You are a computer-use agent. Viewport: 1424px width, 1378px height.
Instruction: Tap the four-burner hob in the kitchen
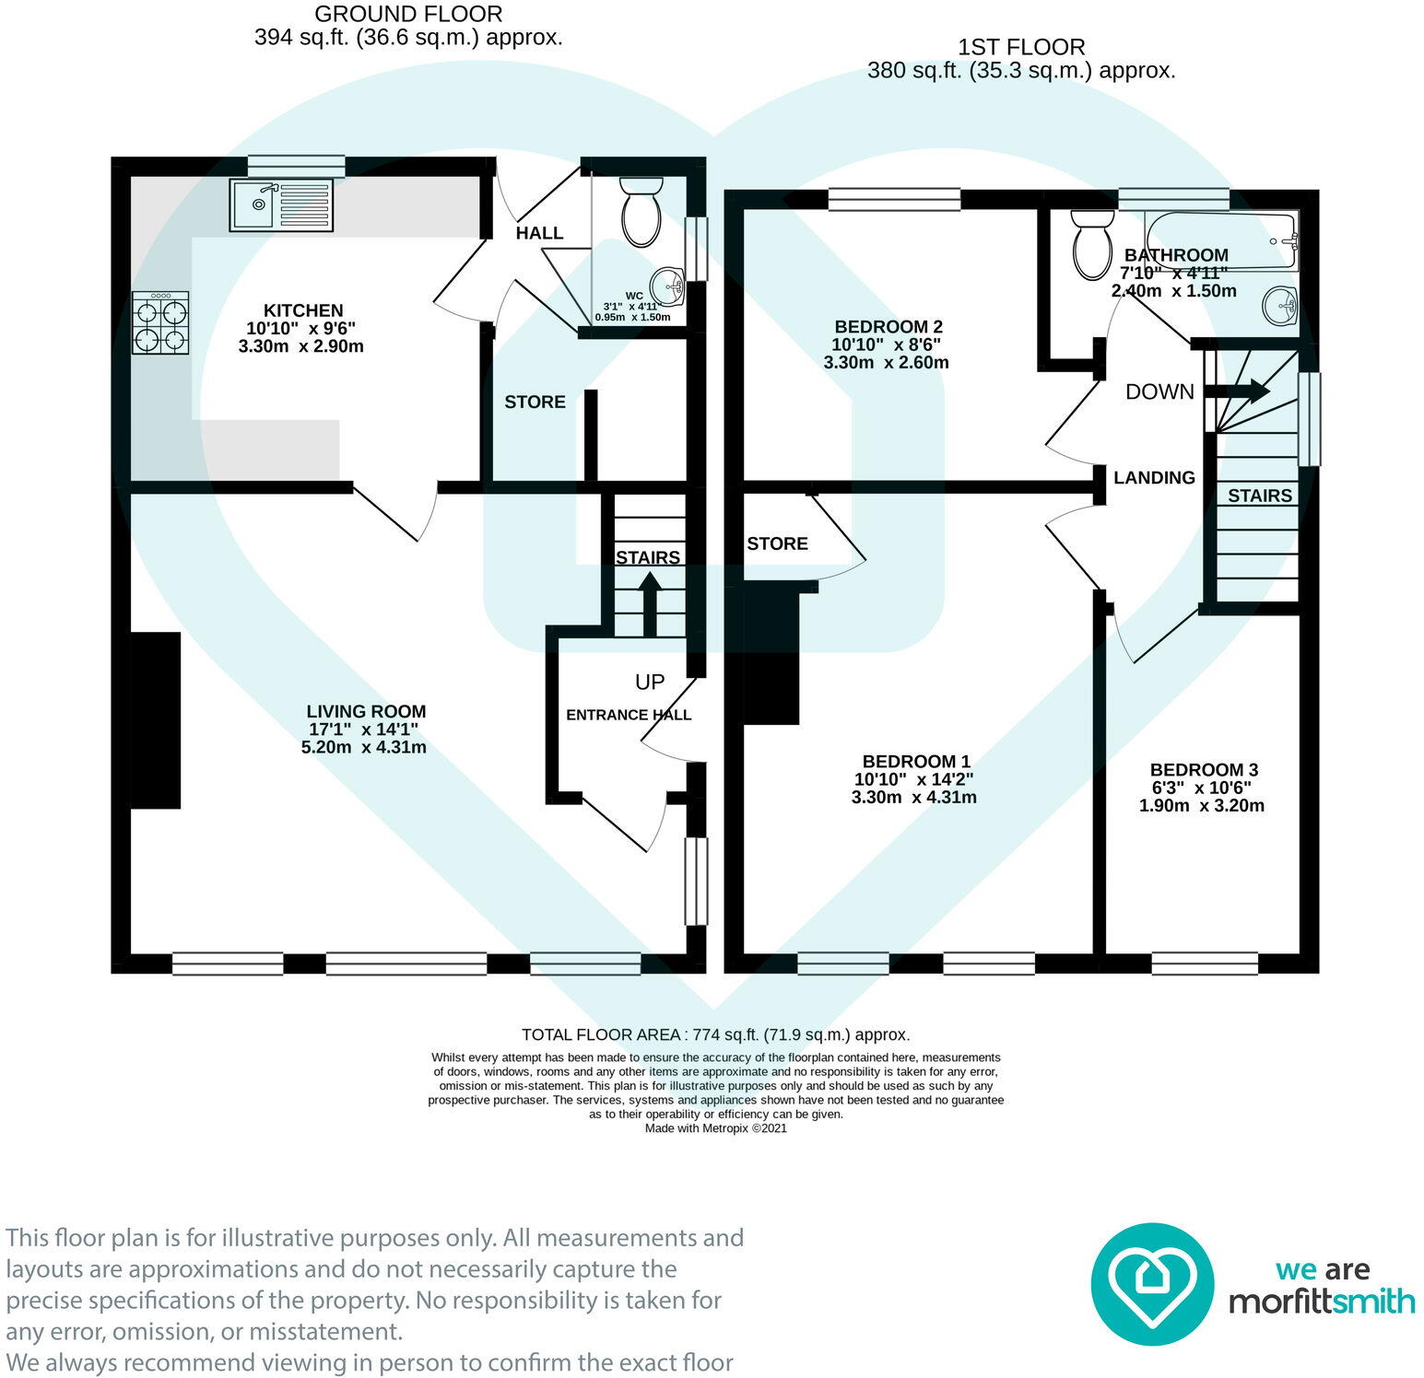161,323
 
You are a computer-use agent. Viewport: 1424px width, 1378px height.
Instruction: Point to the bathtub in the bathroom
1221,240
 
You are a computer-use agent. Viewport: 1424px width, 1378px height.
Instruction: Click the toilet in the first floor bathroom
1093,244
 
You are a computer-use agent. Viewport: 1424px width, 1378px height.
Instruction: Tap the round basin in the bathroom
1280,305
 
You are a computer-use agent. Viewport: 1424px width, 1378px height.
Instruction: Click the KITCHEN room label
303,310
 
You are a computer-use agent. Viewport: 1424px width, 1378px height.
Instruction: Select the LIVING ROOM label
366,711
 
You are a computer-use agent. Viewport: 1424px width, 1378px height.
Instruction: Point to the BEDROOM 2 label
889,326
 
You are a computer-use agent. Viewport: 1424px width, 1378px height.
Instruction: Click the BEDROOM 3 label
1204,769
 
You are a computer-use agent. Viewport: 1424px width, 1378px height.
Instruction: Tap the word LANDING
1154,477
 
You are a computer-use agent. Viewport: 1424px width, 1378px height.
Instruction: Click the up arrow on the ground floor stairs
650,603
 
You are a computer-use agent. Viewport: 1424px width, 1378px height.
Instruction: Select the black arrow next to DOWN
1238,391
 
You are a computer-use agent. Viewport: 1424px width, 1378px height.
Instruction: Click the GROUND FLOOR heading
408,15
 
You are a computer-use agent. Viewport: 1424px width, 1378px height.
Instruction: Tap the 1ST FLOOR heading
1021,47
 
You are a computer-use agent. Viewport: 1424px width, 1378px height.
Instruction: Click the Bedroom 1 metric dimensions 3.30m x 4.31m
914,797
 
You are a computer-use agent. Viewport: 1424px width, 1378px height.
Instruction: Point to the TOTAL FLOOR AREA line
716,1034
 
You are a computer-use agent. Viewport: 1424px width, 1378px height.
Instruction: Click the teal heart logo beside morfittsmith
1152,1284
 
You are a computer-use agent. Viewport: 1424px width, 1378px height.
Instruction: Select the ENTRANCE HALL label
629,715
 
